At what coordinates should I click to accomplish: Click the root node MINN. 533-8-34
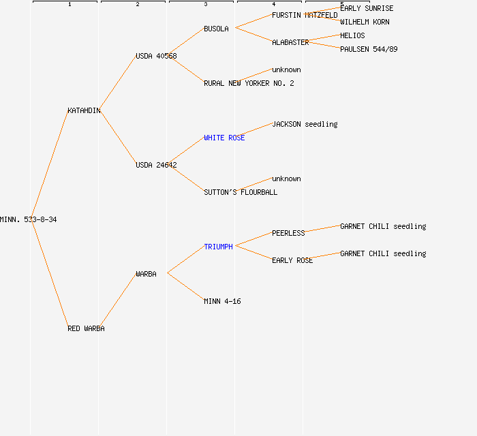[x=28, y=219]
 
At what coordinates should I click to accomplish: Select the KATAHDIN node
[x=84, y=110]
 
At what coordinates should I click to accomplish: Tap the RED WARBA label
[x=86, y=328]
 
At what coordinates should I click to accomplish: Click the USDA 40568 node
[x=156, y=56]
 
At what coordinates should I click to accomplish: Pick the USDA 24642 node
[x=156, y=165]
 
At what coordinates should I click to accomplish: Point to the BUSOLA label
[x=216, y=29]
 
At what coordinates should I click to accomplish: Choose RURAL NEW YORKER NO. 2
[x=249, y=83]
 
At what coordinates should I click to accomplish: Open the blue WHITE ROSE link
[x=224, y=138]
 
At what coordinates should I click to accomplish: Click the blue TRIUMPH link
[x=218, y=247]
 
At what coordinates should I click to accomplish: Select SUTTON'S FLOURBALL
[x=241, y=192]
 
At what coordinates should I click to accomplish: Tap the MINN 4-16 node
[x=222, y=301]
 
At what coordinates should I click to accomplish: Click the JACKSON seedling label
[x=305, y=124]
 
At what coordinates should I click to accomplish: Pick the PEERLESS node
[x=288, y=233]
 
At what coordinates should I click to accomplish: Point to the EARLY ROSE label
[x=292, y=260]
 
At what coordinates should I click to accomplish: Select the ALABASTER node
[x=290, y=42]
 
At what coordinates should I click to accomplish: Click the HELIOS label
[x=352, y=35]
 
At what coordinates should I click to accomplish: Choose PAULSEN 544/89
[x=369, y=49]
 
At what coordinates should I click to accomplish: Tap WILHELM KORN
[x=365, y=22]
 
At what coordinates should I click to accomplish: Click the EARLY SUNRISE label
[x=367, y=8]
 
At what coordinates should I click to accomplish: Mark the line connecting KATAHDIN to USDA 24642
[x=119, y=138]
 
